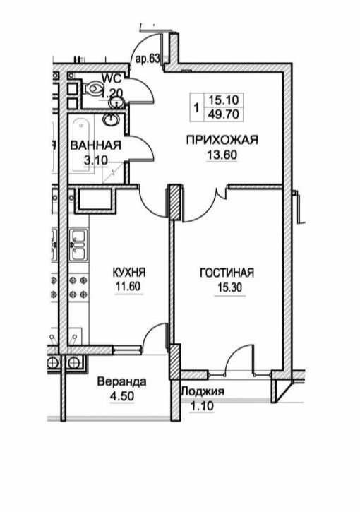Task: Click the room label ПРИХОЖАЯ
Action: (222, 140)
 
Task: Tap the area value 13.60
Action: (222, 155)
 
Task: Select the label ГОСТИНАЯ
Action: (227, 273)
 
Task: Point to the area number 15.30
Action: (230, 287)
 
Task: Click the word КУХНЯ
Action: (129, 272)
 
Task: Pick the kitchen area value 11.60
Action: (128, 287)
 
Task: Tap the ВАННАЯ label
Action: (95, 145)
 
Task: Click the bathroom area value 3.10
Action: (96, 160)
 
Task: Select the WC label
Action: (112, 78)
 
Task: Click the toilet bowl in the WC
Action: (92, 88)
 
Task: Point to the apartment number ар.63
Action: (148, 59)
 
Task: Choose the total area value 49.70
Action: (224, 114)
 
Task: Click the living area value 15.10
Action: (224, 100)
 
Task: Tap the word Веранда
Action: (122, 381)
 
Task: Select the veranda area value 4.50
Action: (122, 396)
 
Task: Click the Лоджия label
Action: (203, 391)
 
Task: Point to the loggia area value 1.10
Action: (202, 406)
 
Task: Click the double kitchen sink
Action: (78, 246)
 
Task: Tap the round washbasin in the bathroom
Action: (111, 119)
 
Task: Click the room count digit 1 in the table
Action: (196, 107)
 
